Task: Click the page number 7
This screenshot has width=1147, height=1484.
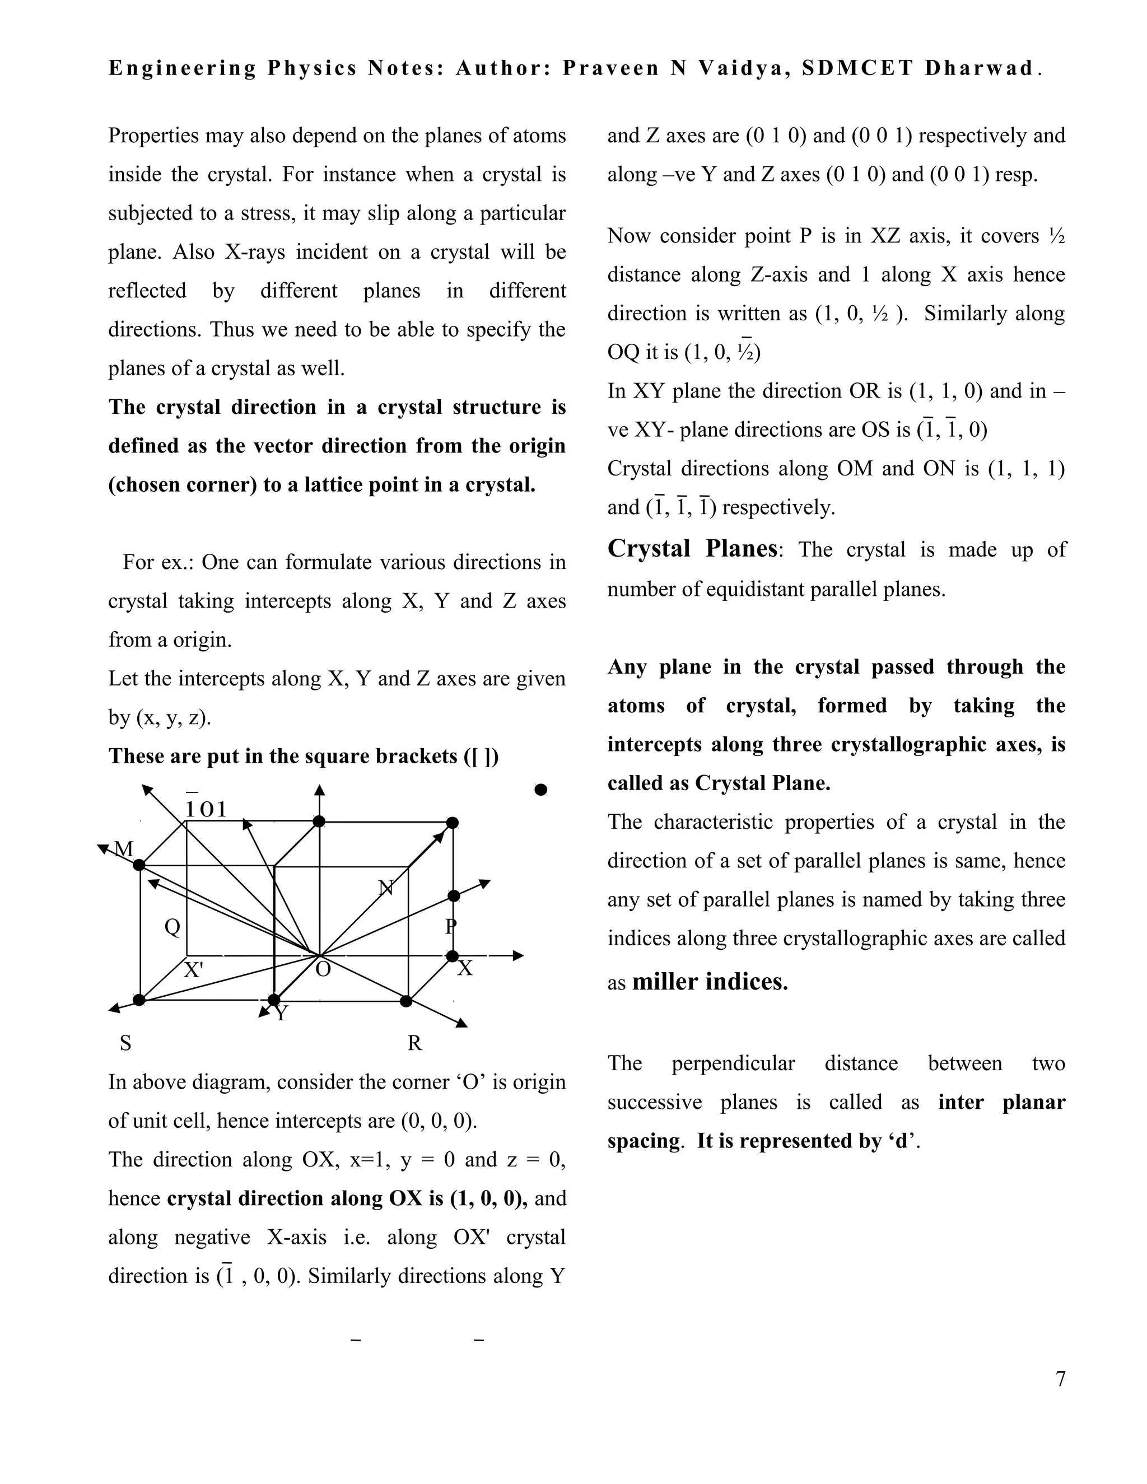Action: [x=1060, y=1379]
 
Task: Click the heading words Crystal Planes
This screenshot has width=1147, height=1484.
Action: [x=692, y=548]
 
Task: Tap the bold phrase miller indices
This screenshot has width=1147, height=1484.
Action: [x=710, y=982]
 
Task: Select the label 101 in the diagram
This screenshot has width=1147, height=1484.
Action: [x=207, y=809]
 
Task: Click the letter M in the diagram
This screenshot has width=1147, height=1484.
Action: [x=124, y=848]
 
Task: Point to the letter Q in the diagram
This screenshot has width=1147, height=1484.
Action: [x=172, y=927]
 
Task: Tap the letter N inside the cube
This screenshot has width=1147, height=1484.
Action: [x=385, y=888]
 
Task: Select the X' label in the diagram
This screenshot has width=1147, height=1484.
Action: [x=194, y=969]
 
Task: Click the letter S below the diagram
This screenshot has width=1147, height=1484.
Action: [x=125, y=1043]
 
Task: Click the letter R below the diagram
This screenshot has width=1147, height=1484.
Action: [x=414, y=1043]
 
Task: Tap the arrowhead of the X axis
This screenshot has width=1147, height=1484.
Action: [x=519, y=955]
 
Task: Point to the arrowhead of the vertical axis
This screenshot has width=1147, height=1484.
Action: [x=319, y=790]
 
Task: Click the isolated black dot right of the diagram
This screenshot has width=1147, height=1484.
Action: [x=541, y=790]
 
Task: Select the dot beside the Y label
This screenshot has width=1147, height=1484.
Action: [x=274, y=1000]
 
